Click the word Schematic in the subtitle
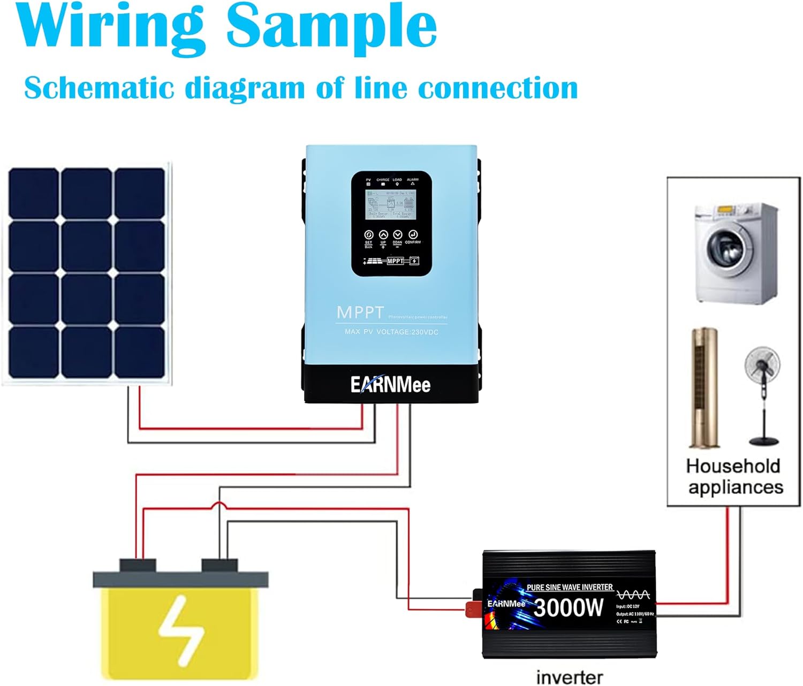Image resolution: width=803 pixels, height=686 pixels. [99, 88]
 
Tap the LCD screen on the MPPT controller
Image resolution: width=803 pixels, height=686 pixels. [391, 204]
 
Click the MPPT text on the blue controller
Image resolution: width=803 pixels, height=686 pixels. [360, 312]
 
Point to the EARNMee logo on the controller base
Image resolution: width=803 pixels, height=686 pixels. [390, 384]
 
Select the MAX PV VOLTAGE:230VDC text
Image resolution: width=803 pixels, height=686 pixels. [391, 332]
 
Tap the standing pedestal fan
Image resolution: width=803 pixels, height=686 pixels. [763, 396]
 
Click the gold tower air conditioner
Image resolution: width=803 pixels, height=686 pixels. [703, 388]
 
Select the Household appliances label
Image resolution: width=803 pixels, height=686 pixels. [734, 476]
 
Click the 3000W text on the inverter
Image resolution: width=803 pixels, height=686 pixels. [568, 608]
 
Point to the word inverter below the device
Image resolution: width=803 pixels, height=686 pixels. [569, 677]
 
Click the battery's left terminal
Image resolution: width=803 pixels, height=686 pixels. [138, 565]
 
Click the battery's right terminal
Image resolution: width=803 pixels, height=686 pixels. [219, 565]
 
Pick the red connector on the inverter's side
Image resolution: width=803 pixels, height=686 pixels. [472, 609]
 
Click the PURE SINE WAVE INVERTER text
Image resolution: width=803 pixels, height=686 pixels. [569, 587]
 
